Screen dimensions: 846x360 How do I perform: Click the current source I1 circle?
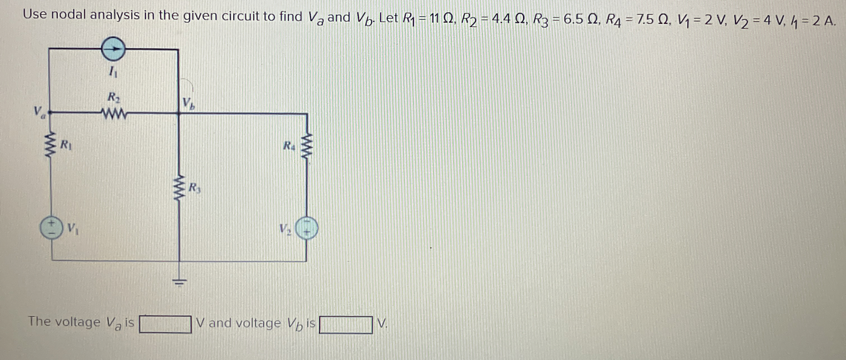click(113, 50)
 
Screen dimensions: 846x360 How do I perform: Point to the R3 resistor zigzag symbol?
click(179, 189)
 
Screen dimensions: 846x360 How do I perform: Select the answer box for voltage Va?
click(165, 324)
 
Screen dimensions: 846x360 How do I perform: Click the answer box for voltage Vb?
click(346, 324)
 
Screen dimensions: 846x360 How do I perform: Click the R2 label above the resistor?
click(113, 97)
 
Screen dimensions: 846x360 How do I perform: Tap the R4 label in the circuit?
click(289, 145)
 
